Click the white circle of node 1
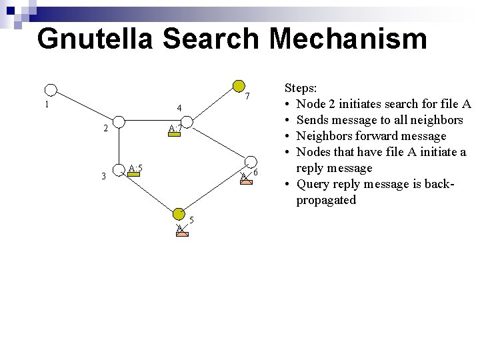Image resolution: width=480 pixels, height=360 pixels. click(x=51, y=90)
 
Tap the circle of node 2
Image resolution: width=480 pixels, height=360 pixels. click(x=118, y=122)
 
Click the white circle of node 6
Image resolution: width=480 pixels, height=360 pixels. click(x=250, y=163)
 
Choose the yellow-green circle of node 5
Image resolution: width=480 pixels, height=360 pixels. click(x=179, y=213)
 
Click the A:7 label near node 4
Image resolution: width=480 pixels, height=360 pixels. click(x=175, y=129)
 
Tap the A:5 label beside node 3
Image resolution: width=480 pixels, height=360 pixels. click(x=136, y=168)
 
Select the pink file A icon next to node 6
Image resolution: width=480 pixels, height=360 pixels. click(x=246, y=177)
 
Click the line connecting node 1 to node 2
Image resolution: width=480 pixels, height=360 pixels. click(x=85, y=106)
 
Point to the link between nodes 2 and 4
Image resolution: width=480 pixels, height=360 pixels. click(x=152, y=123)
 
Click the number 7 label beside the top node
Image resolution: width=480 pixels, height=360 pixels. click(x=247, y=97)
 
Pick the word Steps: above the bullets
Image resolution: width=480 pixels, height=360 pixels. click(x=301, y=88)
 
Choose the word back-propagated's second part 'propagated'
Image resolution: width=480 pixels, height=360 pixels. click(x=326, y=200)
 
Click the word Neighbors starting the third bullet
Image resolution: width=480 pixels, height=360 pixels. click(x=326, y=136)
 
